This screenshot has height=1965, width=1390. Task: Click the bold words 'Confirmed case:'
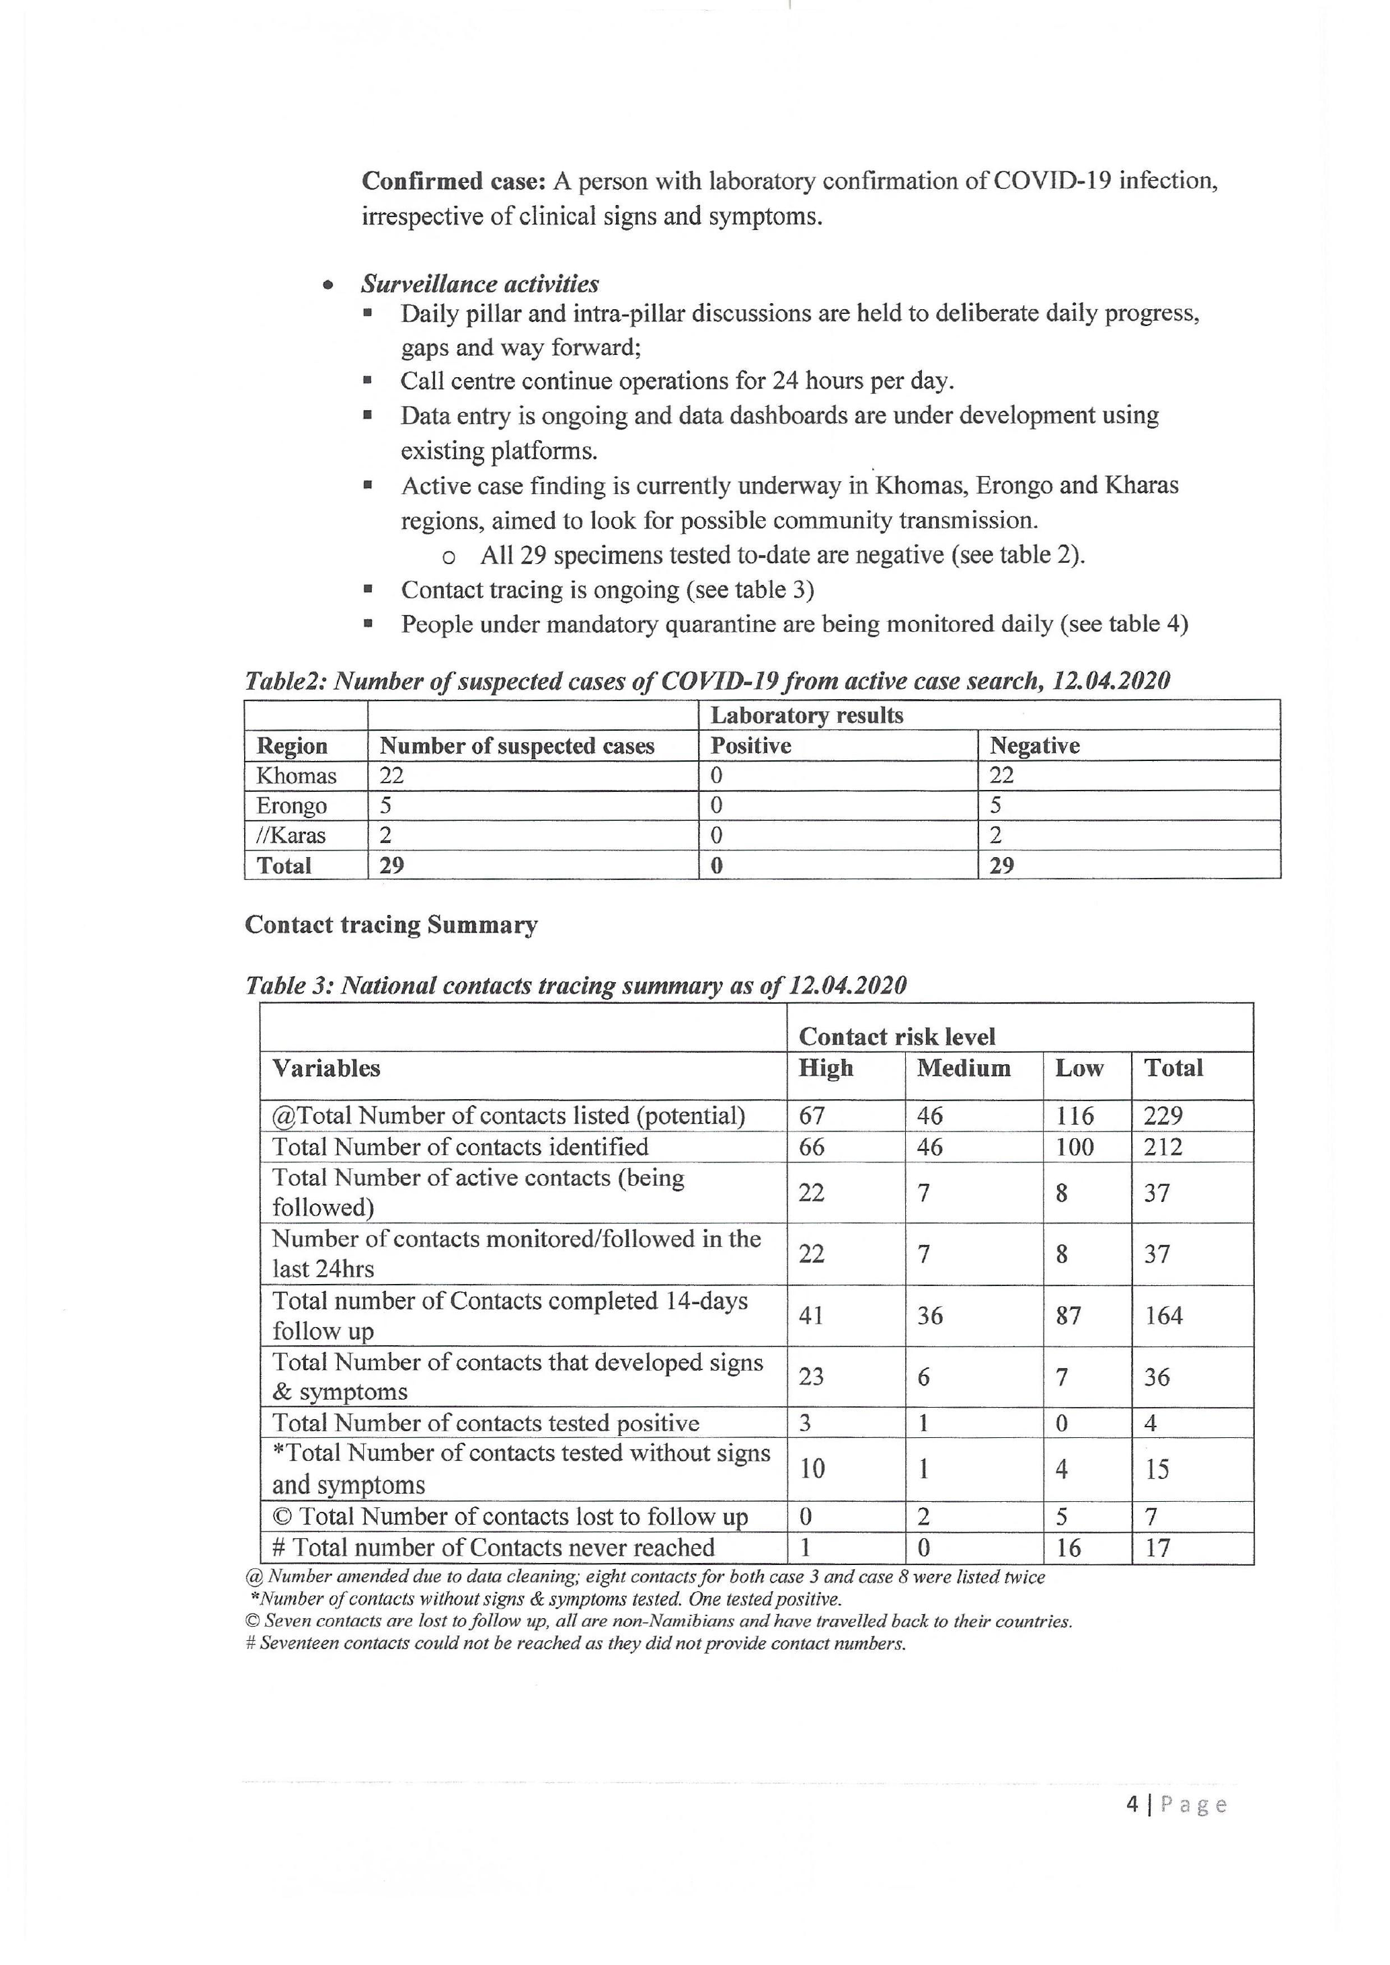click(454, 182)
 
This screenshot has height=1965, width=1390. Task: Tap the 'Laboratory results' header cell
click(806, 715)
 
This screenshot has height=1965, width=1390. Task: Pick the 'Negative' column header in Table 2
click(1034, 746)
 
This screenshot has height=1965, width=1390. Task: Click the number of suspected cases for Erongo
click(386, 805)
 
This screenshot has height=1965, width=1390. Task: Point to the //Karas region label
click(291, 836)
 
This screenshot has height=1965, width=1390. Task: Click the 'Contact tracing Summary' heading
click(391, 925)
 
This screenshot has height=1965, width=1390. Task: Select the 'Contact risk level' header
click(896, 1037)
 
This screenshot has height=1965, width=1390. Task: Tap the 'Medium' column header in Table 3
click(963, 1068)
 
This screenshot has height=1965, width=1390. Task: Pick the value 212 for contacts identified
click(1162, 1147)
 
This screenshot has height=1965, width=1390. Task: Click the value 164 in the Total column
click(1163, 1316)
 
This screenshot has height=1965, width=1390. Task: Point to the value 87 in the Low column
click(1067, 1316)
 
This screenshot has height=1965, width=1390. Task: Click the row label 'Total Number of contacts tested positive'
click(486, 1423)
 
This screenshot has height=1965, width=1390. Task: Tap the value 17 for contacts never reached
click(1157, 1548)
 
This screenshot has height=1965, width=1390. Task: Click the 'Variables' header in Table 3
click(326, 1068)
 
